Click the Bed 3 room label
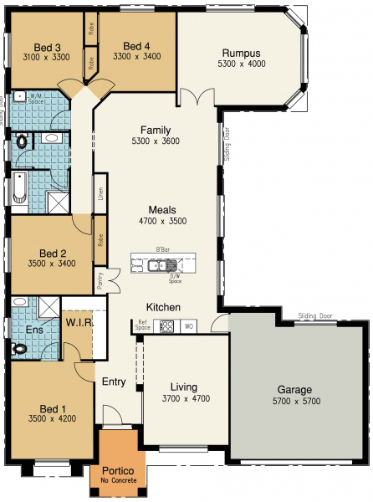pos(46,48)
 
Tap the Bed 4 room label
pos(136,45)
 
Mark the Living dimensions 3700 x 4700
pos(183,399)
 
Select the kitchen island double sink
pos(157,267)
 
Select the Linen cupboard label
pos(100,194)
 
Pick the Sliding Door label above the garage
pos(314,315)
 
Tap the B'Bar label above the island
pos(162,250)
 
